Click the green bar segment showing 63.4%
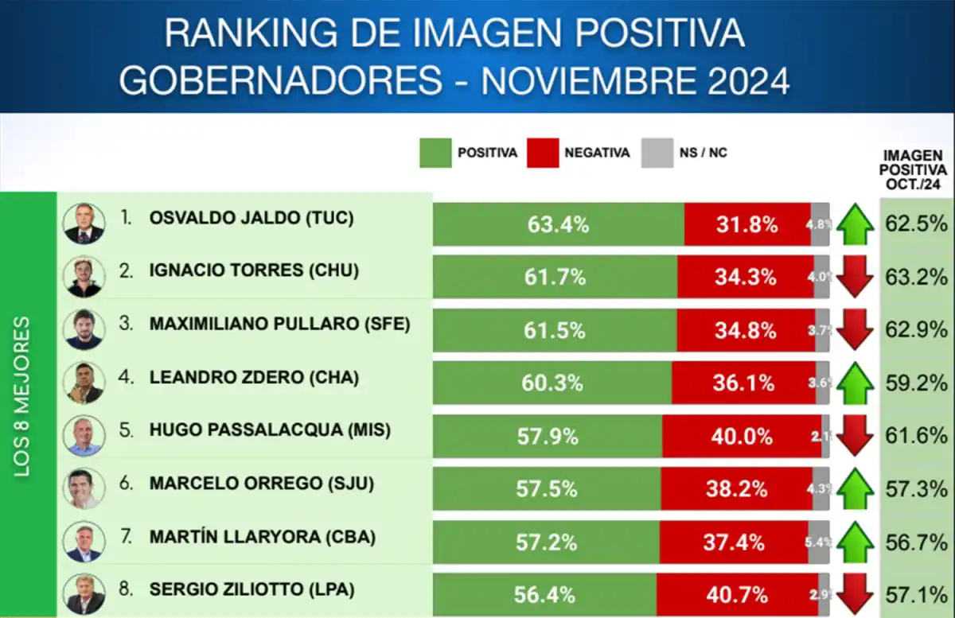pos(558,224)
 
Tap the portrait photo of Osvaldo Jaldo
pos(84,223)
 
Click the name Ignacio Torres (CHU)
pos(254,270)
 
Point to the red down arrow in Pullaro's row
pos(856,330)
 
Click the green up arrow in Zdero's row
pos(856,383)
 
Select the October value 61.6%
pos(916,436)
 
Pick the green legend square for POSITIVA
pos(435,153)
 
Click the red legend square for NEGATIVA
pos(542,153)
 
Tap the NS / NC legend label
pos(703,153)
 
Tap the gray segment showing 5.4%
pos(818,542)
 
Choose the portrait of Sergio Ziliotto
pos(84,593)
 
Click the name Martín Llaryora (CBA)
pos(261,537)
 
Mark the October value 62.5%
pos(916,224)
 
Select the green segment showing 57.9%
pos(547,436)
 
